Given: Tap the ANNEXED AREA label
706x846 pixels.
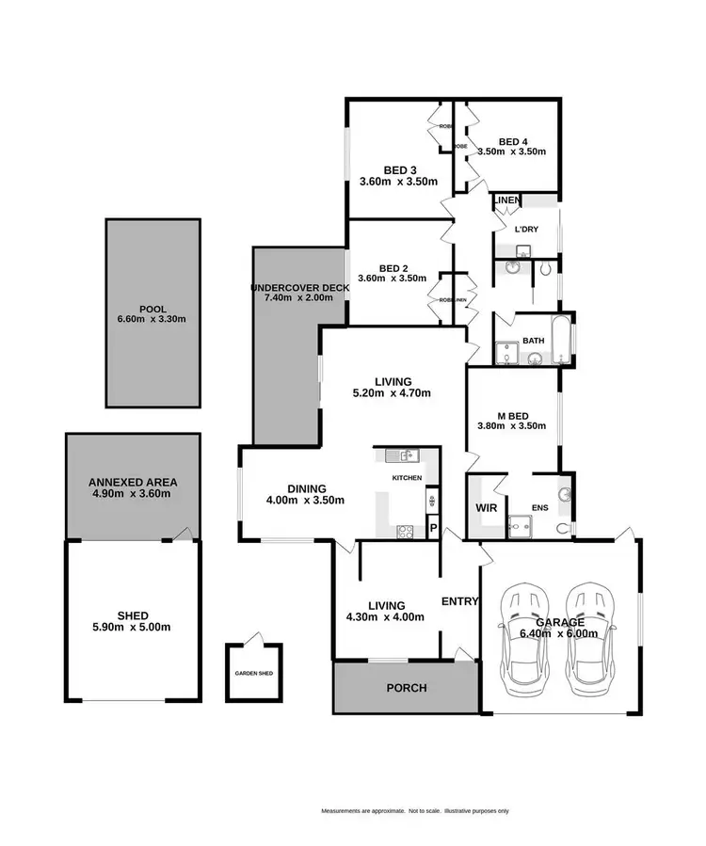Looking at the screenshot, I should point(132,482).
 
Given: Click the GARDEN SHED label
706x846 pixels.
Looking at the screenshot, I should point(253,674).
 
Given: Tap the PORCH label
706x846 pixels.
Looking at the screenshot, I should point(407,688).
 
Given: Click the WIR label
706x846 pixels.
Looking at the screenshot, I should point(487,508).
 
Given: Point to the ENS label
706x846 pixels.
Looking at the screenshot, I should point(539,509).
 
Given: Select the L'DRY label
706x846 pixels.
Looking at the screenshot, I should point(523,229).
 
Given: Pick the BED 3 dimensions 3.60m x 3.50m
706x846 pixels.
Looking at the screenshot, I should point(393,182).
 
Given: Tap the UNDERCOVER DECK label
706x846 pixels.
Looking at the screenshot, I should point(300,287).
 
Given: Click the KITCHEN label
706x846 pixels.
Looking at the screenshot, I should point(407,479).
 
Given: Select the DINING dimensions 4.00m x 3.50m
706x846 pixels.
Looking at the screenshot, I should point(307,501).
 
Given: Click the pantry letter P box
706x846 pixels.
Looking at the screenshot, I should point(432,528).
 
